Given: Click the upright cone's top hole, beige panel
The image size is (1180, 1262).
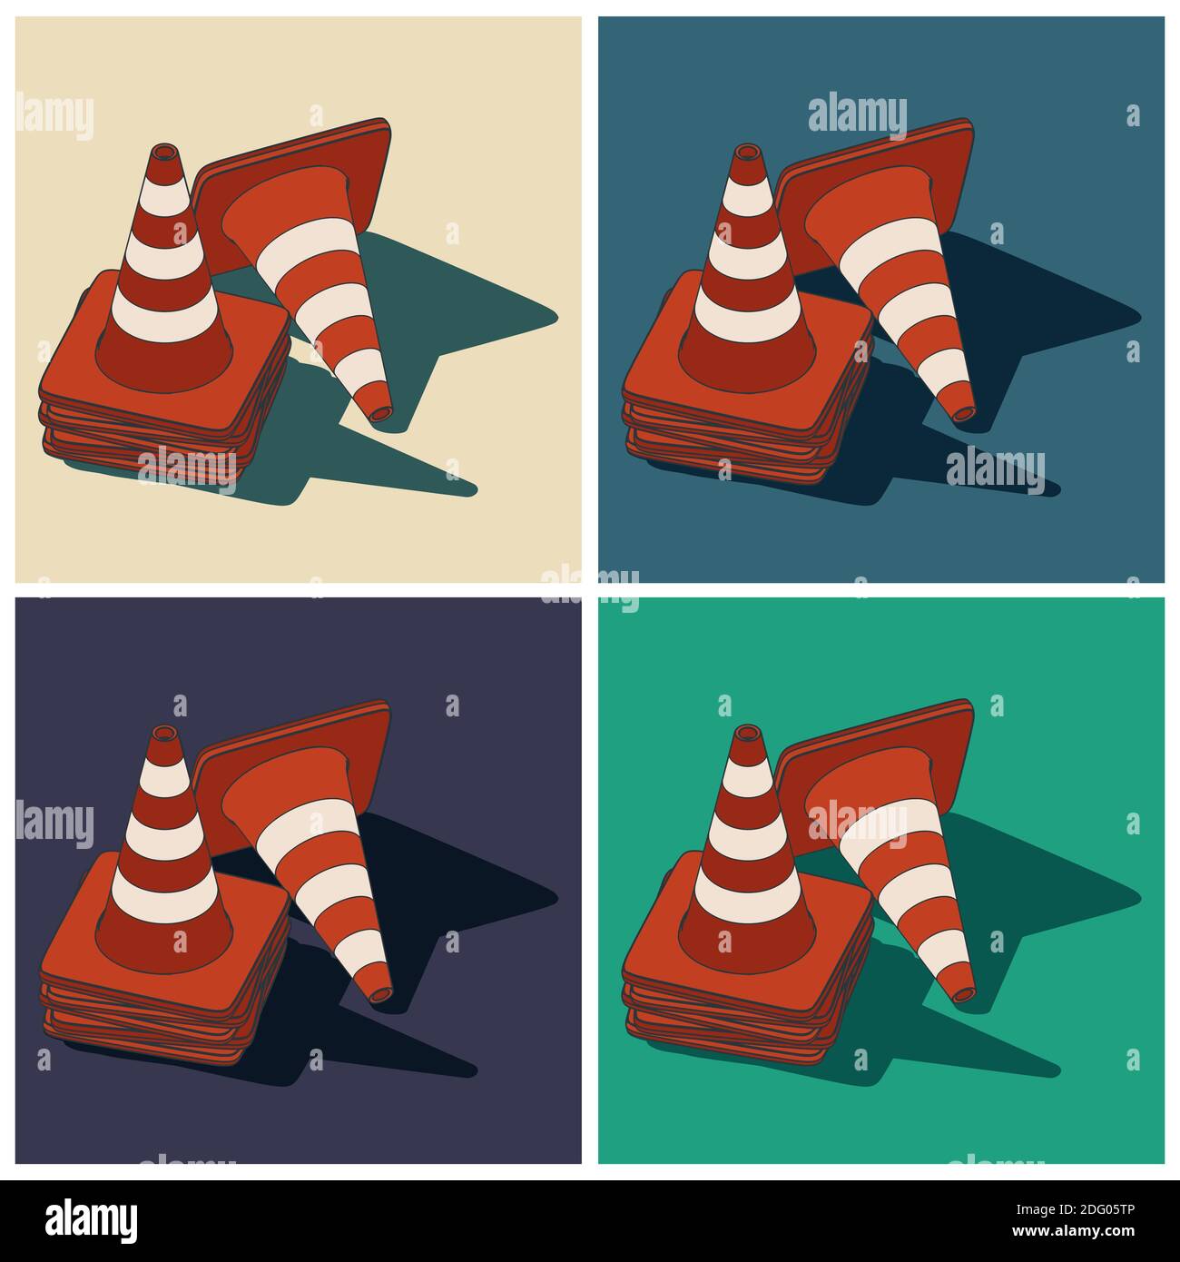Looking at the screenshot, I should (x=164, y=152).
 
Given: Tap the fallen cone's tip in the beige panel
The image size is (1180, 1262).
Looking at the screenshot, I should (x=381, y=413).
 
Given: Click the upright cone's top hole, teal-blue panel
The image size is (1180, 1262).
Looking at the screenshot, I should (x=747, y=152).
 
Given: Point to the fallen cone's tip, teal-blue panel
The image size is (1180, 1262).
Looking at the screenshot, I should (x=964, y=413).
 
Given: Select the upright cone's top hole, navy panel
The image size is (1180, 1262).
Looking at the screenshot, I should (x=164, y=734).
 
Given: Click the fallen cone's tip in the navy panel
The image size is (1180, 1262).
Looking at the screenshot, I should (x=381, y=995).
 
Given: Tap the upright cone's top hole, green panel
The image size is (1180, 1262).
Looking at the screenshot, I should (x=747, y=734).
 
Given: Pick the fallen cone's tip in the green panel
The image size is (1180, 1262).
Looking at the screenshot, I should (x=964, y=995).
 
